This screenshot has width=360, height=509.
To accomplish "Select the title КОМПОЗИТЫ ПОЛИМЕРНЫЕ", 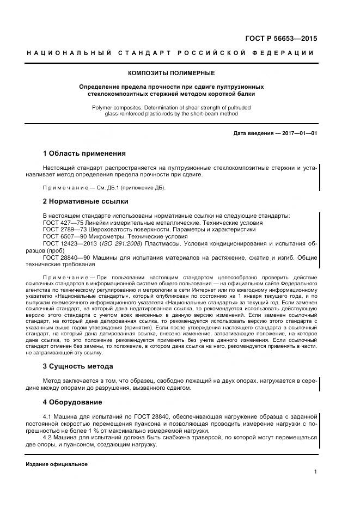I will click(x=172, y=73).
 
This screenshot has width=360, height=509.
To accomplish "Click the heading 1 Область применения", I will click(x=84, y=154).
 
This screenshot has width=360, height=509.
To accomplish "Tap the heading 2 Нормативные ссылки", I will click(x=86, y=201).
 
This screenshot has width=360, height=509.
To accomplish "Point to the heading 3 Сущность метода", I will click(x=78, y=366).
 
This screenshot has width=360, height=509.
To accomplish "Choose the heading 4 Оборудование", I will click(x=72, y=402).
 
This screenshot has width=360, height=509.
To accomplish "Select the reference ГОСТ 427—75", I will click(x=61, y=223).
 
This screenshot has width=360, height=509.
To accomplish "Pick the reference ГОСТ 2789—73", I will click(x=63, y=230).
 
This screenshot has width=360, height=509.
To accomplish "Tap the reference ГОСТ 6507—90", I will click(x=63, y=237).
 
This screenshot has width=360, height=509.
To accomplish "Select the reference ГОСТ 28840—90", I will click(x=65, y=257).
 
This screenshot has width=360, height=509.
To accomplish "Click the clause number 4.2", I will click(x=47, y=437).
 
